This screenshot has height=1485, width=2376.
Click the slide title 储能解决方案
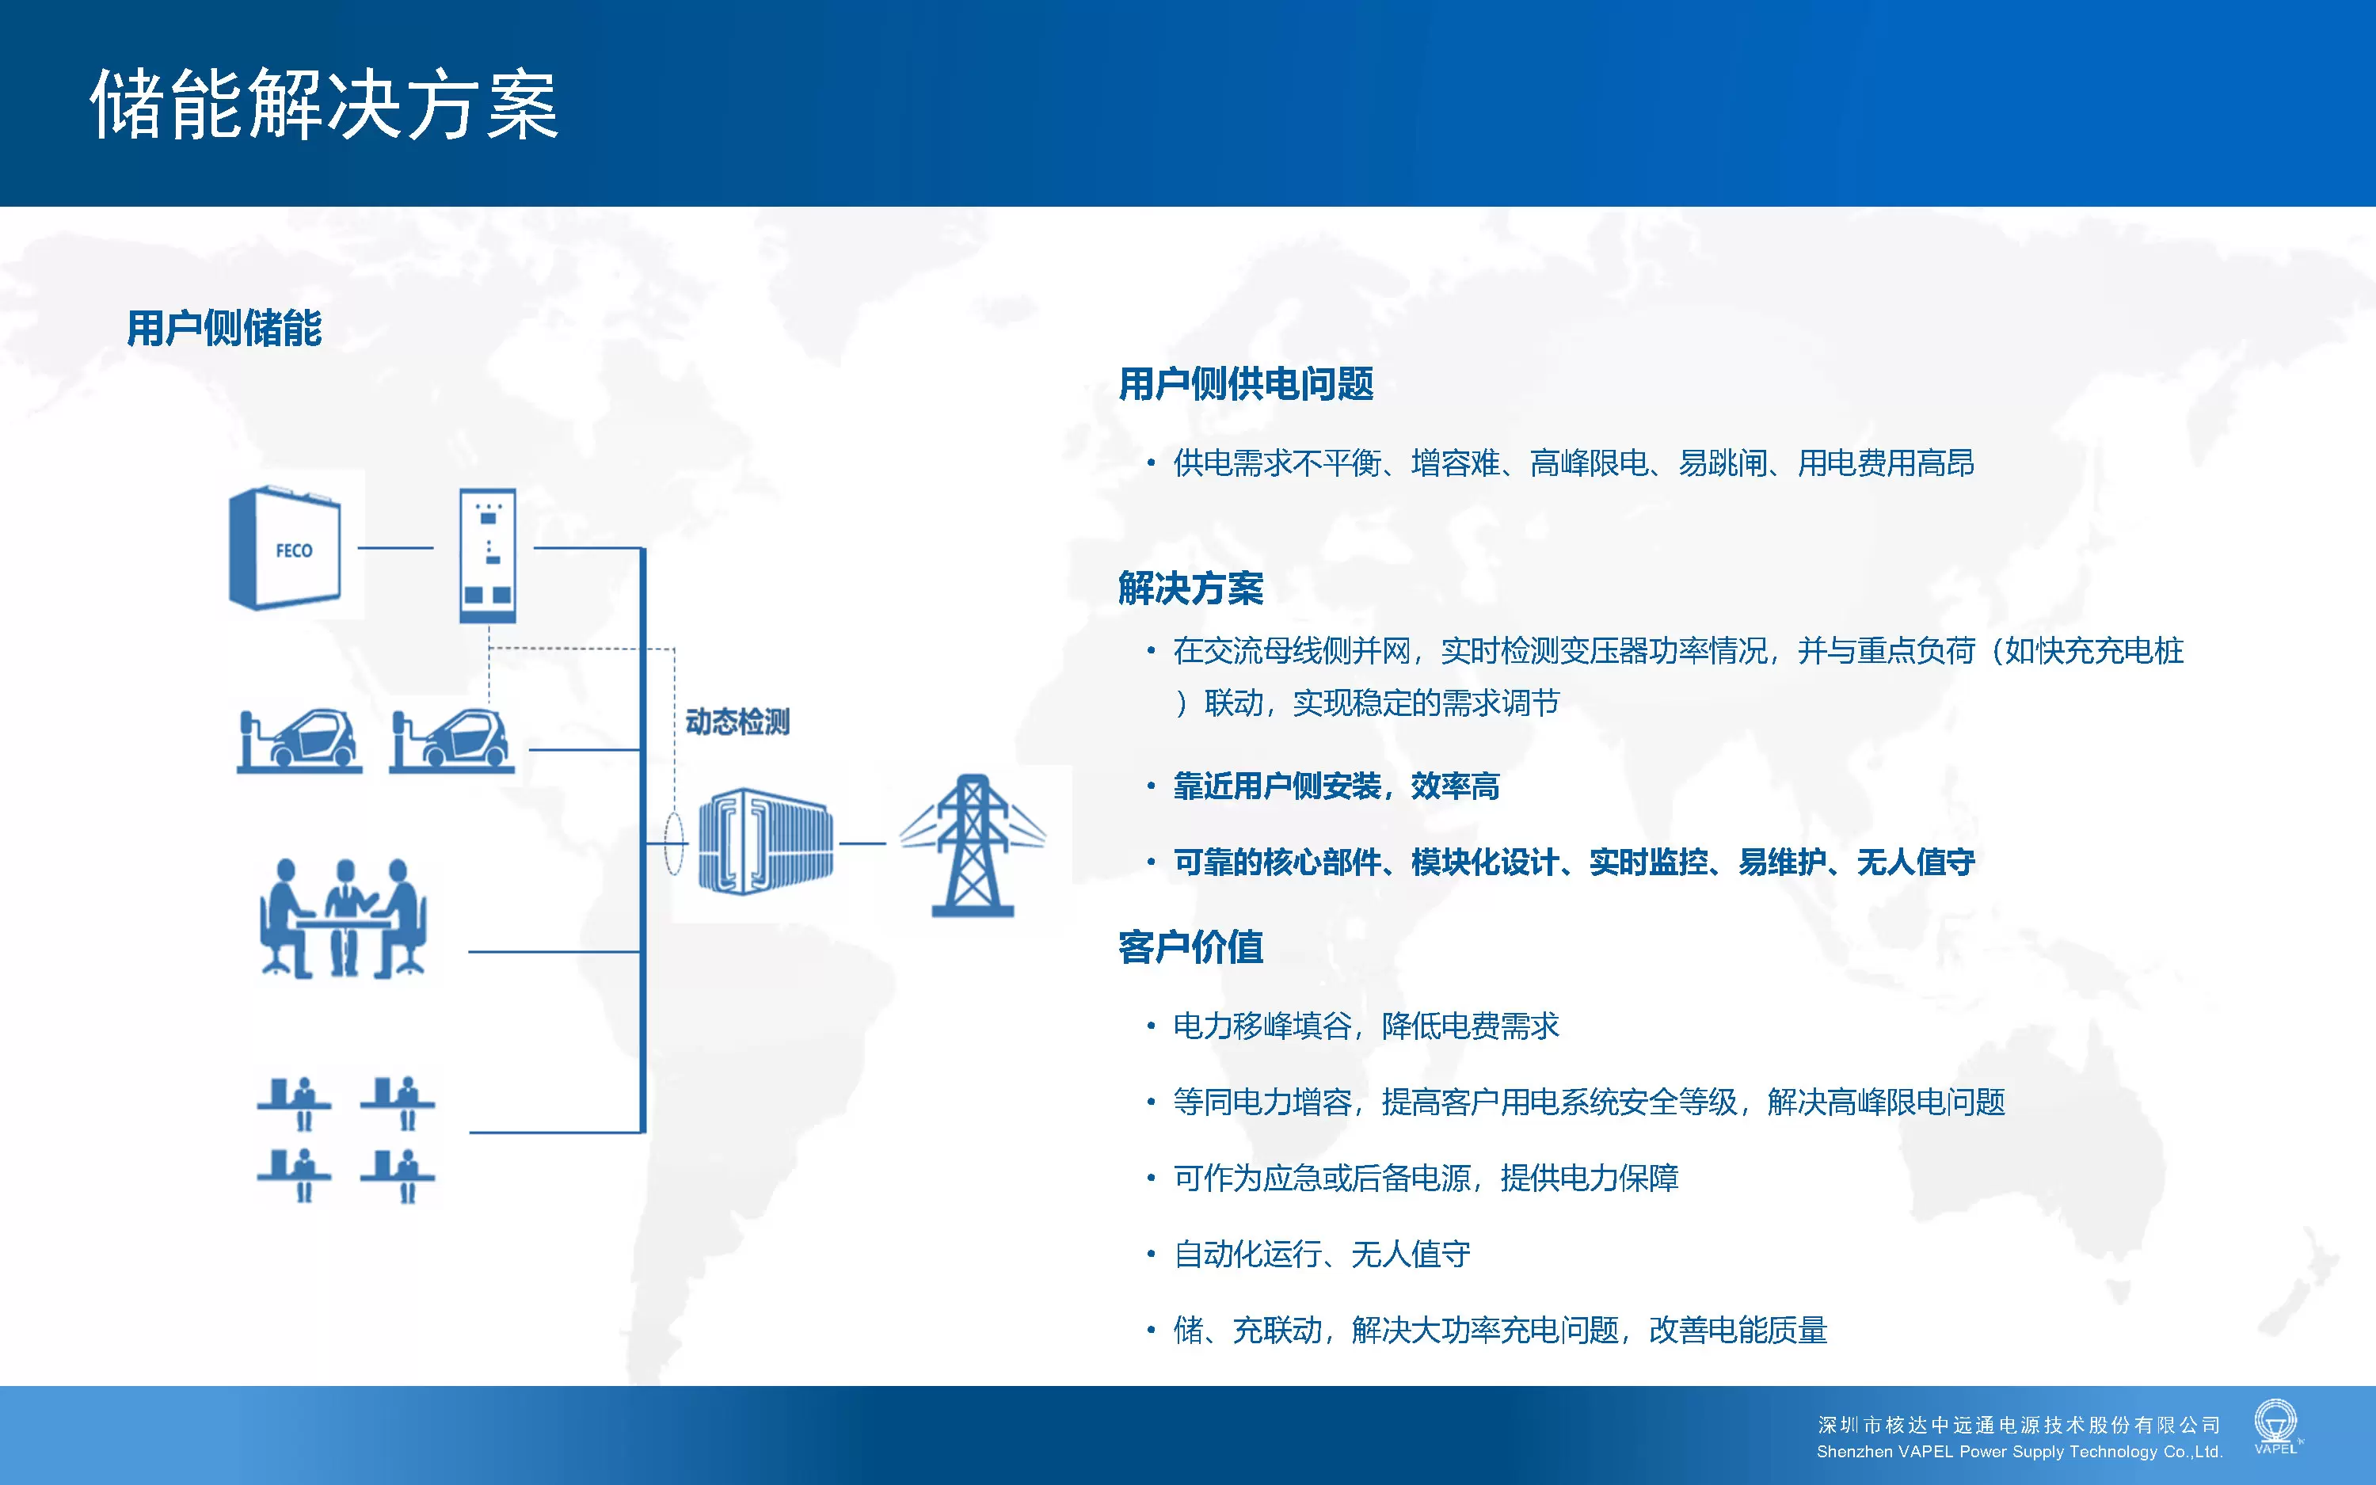click(324, 104)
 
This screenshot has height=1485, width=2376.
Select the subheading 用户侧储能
click(224, 328)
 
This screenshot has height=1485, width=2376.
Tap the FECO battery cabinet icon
click(285, 548)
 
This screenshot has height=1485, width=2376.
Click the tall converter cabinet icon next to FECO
click(488, 555)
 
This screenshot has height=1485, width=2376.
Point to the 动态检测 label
click(737, 722)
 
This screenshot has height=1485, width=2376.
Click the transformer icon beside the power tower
click(766, 841)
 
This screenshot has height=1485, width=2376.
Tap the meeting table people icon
click(344, 918)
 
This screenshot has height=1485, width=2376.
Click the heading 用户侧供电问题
click(1246, 384)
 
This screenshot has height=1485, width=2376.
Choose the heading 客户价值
click(1191, 946)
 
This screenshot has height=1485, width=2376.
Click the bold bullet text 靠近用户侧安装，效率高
click(1336, 786)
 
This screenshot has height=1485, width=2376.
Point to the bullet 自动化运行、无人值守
click(1322, 1255)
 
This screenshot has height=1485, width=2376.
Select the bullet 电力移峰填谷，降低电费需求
click(1365, 1026)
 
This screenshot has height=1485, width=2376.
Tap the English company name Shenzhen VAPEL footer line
click(2020, 1452)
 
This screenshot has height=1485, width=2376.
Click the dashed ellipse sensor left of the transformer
click(673, 843)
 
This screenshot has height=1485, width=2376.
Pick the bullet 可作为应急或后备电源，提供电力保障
click(1426, 1178)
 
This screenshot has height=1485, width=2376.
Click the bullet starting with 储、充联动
click(1500, 1331)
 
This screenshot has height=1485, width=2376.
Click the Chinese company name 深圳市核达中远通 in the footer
click(2019, 1425)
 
